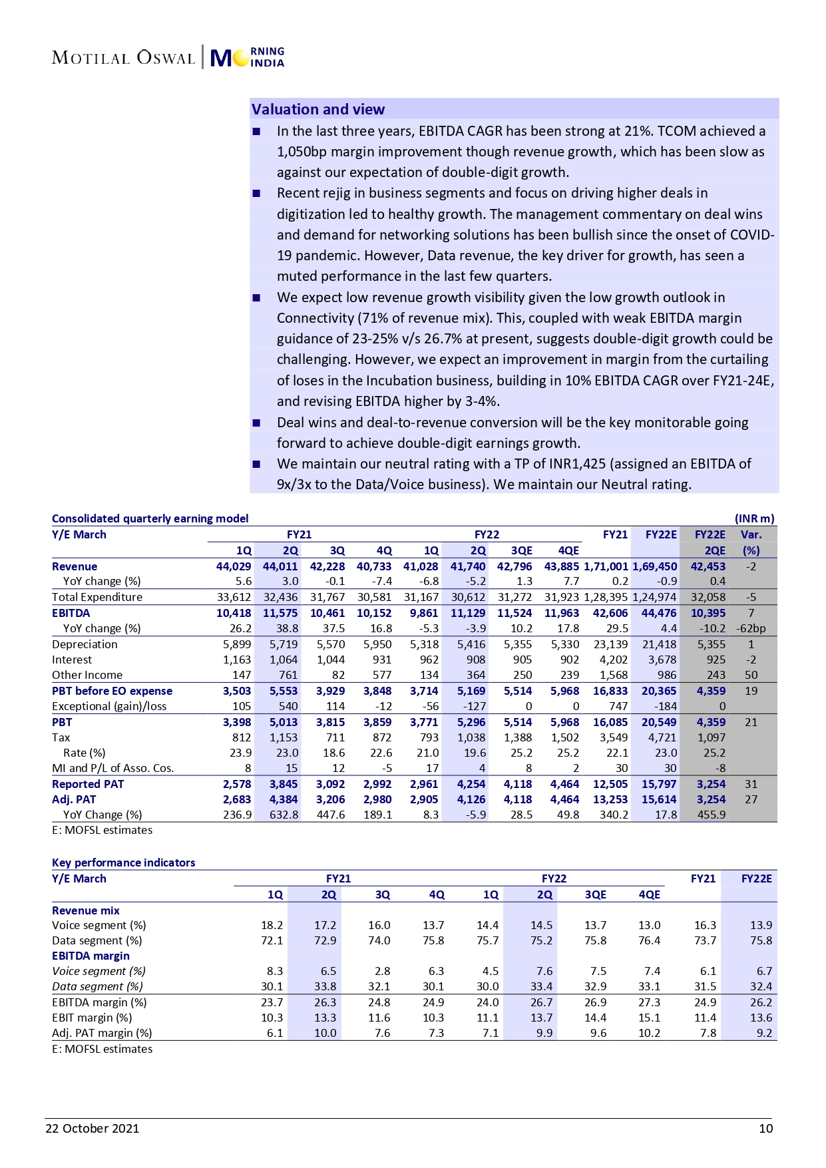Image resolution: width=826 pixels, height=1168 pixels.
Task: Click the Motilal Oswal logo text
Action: [x=123, y=58]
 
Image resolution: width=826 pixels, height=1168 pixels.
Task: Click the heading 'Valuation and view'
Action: [x=317, y=109]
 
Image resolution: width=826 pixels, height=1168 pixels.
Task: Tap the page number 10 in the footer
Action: [x=765, y=1128]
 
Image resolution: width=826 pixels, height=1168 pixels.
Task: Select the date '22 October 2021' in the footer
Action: [x=92, y=1128]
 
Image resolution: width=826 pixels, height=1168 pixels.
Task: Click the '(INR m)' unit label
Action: [x=754, y=518]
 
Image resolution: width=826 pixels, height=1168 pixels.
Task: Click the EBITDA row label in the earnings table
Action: [x=71, y=613]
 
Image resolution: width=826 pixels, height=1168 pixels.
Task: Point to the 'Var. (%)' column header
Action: [x=751, y=542]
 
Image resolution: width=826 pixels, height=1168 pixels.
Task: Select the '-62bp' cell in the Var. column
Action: [x=751, y=628]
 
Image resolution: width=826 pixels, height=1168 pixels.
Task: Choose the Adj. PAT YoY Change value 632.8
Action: [x=283, y=815]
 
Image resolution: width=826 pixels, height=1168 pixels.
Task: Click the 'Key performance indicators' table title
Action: [x=123, y=863]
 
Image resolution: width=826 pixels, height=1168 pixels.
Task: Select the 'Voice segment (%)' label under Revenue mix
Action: [x=99, y=925]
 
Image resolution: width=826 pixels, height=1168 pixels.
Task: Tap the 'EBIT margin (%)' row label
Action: [x=92, y=1018]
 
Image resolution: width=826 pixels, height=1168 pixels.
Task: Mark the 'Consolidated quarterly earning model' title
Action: [x=150, y=518]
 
